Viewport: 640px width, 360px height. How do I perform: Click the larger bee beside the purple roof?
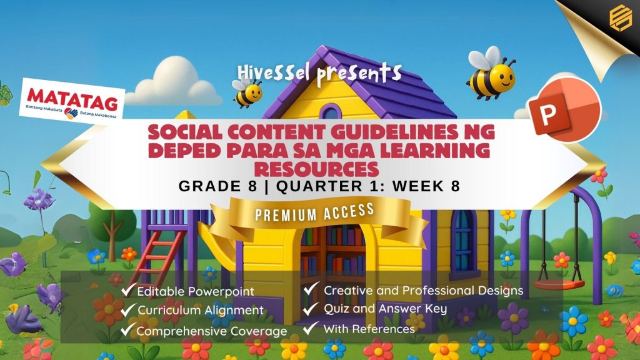coord(491,74)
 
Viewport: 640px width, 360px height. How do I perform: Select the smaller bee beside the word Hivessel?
coord(247,92)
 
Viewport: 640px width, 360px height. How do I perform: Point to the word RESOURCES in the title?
coord(316,169)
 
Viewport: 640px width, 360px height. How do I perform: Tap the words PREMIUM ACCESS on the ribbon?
coord(315,212)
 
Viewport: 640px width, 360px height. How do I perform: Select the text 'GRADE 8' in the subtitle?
coord(218,186)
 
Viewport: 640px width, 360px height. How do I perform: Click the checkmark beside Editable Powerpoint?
coord(127,289)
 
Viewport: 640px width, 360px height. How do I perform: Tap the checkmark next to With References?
coord(311,327)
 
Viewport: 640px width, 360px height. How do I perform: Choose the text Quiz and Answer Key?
coord(385,309)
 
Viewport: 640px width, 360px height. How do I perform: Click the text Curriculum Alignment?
coord(201,310)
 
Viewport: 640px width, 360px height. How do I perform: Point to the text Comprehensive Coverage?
coord(211,331)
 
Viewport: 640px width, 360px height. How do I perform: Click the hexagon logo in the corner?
coord(621,17)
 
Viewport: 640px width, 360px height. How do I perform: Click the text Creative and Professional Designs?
coord(423,291)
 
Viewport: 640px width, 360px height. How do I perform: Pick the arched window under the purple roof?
coord(330,111)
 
